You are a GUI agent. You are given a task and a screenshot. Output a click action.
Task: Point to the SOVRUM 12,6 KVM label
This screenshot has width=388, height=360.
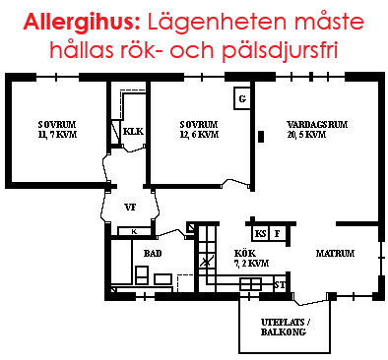pyautogui.click(x=199, y=130)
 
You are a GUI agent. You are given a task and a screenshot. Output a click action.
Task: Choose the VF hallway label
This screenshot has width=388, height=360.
pyautogui.click(x=129, y=208)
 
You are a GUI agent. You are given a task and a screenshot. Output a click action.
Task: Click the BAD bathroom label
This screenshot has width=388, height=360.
pyautogui.click(x=153, y=253)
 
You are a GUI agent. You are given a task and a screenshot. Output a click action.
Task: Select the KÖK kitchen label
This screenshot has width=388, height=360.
pyautogui.click(x=244, y=253)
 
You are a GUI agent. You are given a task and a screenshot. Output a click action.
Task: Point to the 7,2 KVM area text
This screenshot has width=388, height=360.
pyautogui.click(x=250, y=264)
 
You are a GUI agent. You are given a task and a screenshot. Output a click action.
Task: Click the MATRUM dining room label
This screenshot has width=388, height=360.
pyautogui.click(x=335, y=253)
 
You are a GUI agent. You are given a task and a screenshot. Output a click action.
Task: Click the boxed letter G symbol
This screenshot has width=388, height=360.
pyautogui.click(x=242, y=97)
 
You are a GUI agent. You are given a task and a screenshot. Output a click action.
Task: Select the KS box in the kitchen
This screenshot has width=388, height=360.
pyautogui.click(x=261, y=234)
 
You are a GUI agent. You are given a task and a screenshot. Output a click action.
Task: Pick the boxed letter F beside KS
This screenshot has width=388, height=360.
pyautogui.click(x=279, y=234)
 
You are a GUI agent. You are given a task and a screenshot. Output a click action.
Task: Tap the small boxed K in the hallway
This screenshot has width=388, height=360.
pyautogui.click(x=133, y=231)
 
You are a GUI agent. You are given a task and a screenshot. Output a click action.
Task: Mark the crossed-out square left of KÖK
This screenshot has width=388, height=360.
pyautogui.click(x=205, y=261)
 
